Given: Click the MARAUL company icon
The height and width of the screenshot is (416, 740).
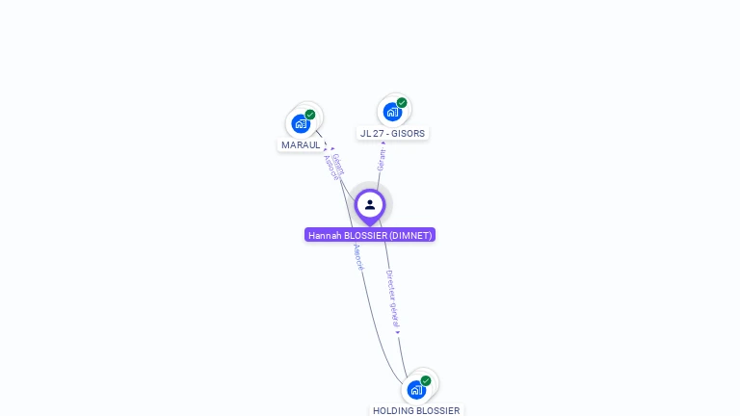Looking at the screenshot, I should (302, 123).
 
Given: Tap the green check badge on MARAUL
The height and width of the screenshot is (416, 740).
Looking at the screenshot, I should (310, 115).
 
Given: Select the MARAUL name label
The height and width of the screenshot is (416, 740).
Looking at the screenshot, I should (301, 145).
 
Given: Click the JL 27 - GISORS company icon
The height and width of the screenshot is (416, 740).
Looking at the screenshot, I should (392, 111).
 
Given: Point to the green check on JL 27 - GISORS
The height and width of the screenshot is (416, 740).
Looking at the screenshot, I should (402, 103).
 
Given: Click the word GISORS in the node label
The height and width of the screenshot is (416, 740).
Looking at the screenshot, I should (409, 134).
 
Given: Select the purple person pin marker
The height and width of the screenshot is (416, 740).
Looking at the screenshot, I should (370, 205).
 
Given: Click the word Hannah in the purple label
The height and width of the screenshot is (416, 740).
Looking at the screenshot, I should (325, 235).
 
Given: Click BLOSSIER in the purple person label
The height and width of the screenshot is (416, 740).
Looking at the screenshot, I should (365, 235).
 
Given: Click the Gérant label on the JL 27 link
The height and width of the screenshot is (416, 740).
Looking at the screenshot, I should (382, 160).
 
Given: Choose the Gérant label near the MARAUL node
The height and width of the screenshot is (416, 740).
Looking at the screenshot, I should (338, 163).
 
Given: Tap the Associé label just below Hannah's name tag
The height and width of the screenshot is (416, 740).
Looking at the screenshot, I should (358, 256).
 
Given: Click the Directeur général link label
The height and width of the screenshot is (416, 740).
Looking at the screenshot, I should (392, 299).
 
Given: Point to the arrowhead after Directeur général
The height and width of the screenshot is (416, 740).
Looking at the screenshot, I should (397, 332).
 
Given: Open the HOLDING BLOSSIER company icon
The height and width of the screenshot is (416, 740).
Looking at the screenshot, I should (416, 390).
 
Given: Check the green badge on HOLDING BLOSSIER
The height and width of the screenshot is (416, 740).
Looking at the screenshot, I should (426, 381).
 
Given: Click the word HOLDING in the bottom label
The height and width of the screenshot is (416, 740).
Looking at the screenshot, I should (392, 411).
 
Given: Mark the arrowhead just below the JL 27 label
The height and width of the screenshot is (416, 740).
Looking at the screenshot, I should (383, 143).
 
